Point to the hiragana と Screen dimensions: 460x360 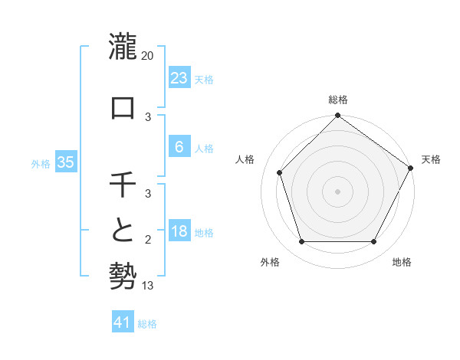[x=123, y=231]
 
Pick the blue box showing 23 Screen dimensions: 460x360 [x=179, y=77]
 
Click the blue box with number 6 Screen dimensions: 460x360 [x=179, y=147]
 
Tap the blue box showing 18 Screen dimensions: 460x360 [x=179, y=231]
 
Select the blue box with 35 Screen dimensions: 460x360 [x=65, y=162]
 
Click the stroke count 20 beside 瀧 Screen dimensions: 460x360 [x=148, y=56]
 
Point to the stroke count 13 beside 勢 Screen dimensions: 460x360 [x=148, y=286]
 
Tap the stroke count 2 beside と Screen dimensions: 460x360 [x=148, y=241]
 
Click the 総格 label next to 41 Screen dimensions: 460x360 [x=147, y=324]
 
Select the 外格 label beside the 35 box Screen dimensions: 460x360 [x=41, y=164]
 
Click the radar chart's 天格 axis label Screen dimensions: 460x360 [x=431, y=159]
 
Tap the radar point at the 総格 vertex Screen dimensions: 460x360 [x=337, y=116]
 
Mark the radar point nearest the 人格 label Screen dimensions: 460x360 [x=280, y=172]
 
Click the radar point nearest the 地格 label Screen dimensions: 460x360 [x=373, y=242]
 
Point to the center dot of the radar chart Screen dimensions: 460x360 [x=337, y=191]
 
